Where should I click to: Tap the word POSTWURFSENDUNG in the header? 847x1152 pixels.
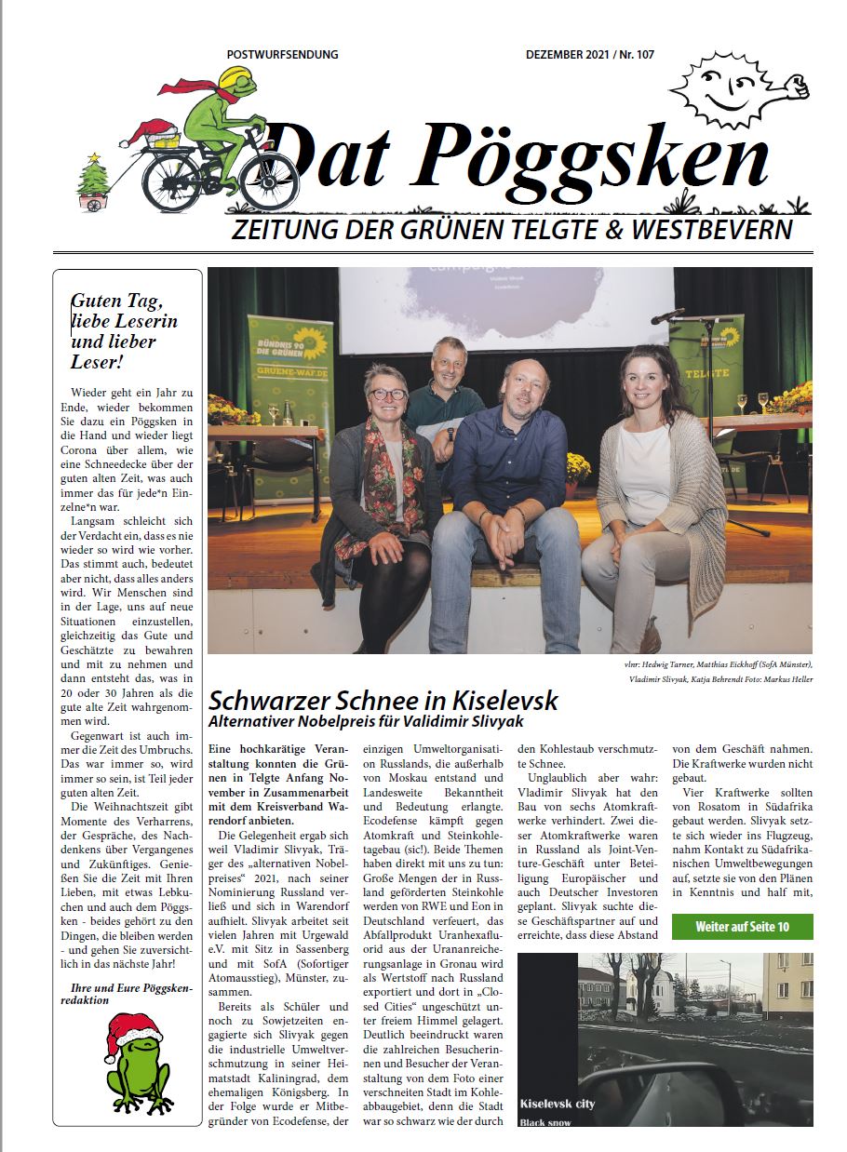(x=282, y=55)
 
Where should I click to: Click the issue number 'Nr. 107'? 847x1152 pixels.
(x=633, y=55)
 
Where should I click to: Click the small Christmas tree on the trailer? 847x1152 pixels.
(x=93, y=177)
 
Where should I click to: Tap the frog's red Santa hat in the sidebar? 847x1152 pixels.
(x=132, y=1031)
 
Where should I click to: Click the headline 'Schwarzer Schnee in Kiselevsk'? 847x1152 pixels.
(x=383, y=700)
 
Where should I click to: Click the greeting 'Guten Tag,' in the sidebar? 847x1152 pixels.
(x=117, y=301)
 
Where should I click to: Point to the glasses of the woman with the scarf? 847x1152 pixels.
(x=387, y=394)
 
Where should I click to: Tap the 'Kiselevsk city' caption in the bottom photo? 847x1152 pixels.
(x=558, y=1104)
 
